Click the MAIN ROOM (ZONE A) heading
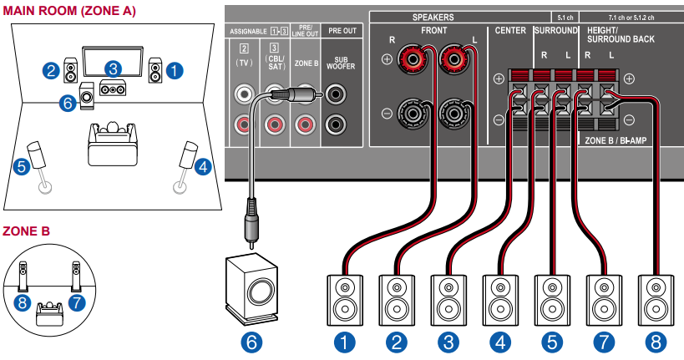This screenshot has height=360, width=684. [69, 11]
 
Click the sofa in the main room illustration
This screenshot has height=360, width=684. [111, 145]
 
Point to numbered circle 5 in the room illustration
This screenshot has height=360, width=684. [23, 166]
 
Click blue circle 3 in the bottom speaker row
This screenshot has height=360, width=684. [448, 341]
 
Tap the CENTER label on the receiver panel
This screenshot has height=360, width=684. [509, 30]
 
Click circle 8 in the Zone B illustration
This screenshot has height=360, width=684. [23, 302]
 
